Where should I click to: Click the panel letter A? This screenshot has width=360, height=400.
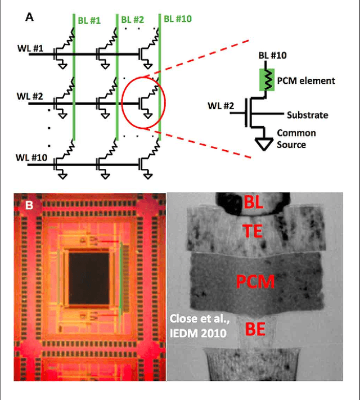pyautogui.click(x=30, y=17)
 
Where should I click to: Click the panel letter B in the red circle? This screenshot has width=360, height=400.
pyautogui.click(x=28, y=205)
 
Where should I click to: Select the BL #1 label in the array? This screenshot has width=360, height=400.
pyautogui.click(x=91, y=20)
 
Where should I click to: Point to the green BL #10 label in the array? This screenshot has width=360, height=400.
pyautogui.click(x=178, y=19)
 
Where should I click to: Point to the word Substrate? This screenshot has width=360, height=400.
pyautogui.click(x=307, y=115)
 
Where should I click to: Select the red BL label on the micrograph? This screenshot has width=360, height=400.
pyautogui.click(x=254, y=204)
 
